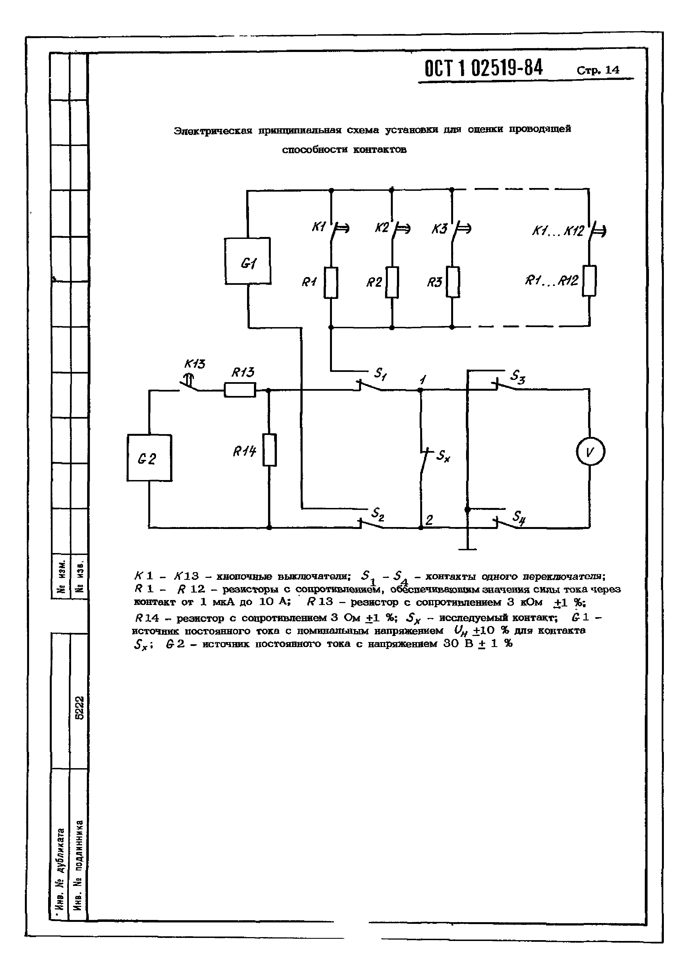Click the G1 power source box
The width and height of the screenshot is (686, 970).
[x=247, y=261]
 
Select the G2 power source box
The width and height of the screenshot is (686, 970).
[x=149, y=458]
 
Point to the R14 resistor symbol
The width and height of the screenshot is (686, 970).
[x=269, y=450]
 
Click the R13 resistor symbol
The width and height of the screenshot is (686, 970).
[x=240, y=390]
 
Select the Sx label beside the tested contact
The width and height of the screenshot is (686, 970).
[x=443, y=456]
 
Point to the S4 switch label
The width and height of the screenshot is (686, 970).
[x=519, y=517]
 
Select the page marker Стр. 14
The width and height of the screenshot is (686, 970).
[x=598, y=70]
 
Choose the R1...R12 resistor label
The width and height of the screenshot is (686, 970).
[x=551, y=281]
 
